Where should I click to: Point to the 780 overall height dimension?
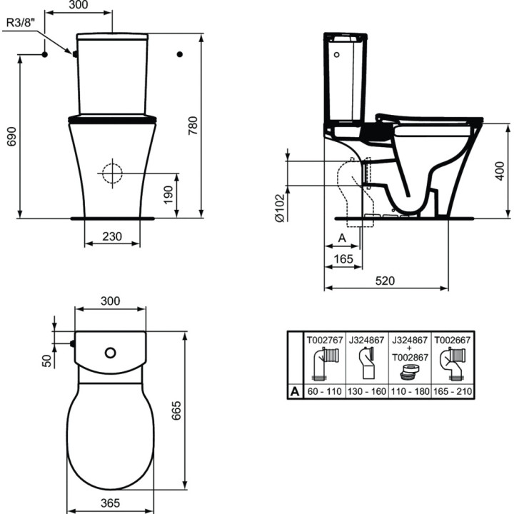tap(212, 125)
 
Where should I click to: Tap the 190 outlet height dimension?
tap(186, 193)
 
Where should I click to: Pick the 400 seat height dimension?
tap(504, 170)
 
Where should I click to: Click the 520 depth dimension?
tap(385, 281)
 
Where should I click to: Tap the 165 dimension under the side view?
tap(344, 258)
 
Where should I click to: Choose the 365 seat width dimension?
tap(110, 503)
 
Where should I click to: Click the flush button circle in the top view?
tap(111, 353)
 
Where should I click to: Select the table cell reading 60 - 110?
tap(324, 392)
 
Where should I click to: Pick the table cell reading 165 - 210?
tap(450, 392)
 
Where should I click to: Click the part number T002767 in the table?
tap(325, 341)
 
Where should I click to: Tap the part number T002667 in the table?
tap(450, 341)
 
